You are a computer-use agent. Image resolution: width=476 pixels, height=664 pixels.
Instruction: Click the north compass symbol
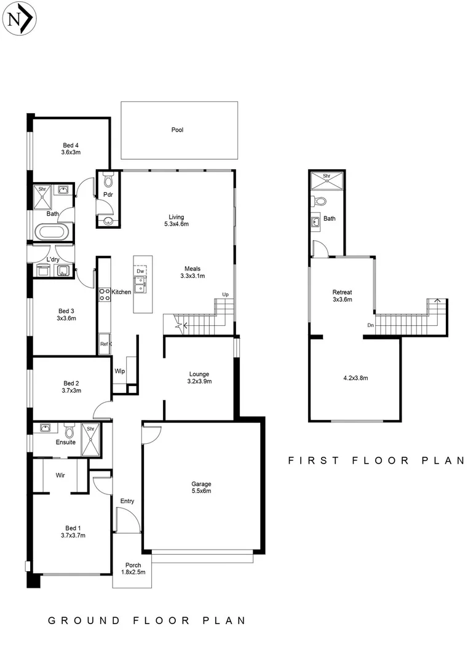20,20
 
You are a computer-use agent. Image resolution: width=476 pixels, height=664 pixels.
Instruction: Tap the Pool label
178,130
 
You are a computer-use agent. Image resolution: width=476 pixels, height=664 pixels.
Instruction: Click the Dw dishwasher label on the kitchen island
140,271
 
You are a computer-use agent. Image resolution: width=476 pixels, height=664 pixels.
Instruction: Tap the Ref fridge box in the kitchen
104,345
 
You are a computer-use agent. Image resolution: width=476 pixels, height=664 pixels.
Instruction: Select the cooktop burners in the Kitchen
105,294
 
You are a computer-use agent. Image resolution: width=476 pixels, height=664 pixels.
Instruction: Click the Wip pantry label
120,371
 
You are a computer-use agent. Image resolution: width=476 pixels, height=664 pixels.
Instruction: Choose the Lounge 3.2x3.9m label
199,377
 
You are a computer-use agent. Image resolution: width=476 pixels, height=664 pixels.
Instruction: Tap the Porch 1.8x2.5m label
133,569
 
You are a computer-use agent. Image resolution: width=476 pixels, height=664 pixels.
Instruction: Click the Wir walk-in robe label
61,475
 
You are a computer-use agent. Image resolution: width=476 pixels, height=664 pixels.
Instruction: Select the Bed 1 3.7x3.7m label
73,532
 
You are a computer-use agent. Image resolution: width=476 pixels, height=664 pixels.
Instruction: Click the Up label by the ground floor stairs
225,295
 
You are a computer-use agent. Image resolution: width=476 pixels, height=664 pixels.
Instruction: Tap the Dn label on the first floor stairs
370,325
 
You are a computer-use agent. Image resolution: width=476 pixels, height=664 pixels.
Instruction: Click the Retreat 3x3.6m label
342,296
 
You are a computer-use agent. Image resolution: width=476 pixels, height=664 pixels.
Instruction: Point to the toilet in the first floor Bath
319,201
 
